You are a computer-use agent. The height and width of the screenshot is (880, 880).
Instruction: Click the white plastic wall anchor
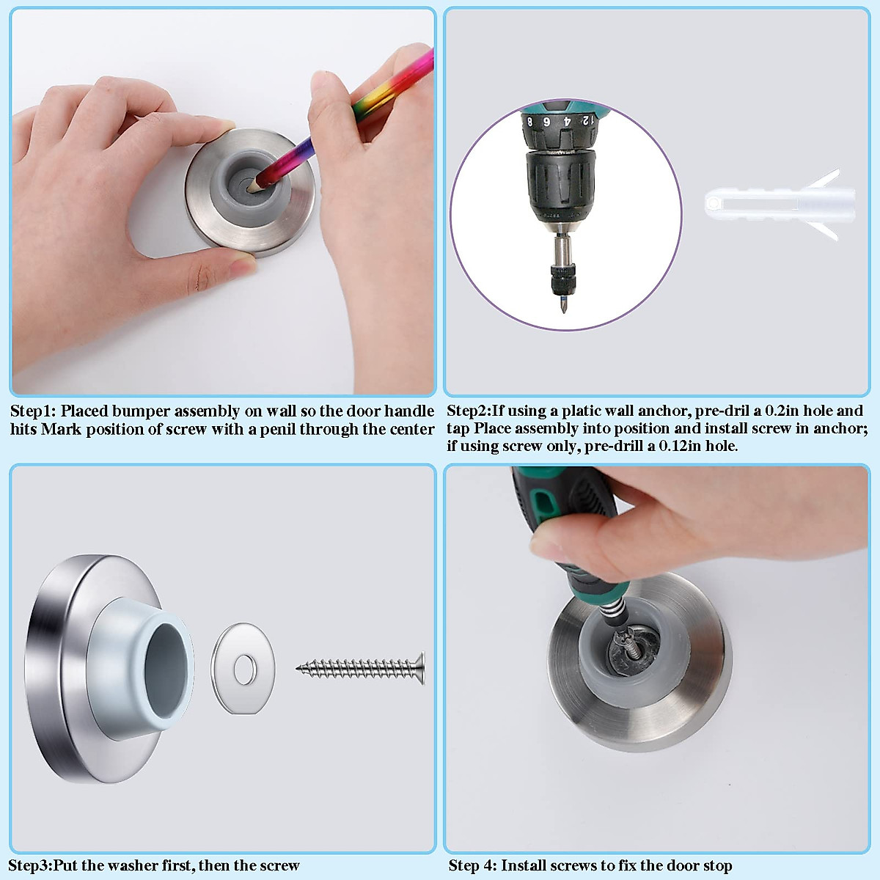pos(777,204)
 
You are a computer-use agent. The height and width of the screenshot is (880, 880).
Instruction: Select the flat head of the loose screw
pos(421,667)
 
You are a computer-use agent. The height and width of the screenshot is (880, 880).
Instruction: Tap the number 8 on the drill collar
pos(530,121)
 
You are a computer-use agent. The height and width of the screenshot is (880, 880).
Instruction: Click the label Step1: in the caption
pos(33,411)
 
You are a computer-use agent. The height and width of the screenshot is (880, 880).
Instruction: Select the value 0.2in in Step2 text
pos(782,411)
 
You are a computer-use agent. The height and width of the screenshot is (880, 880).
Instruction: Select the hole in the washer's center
pos(244,668)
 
